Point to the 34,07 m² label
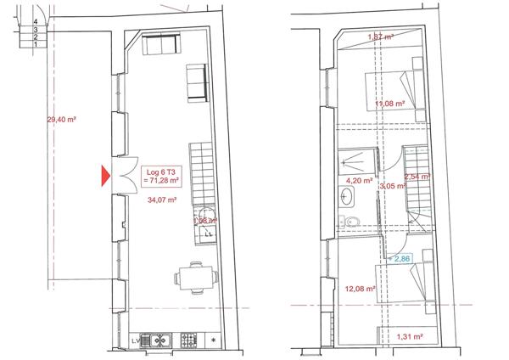(161, 200)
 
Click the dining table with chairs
(194, 278)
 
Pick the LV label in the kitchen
(136, 340)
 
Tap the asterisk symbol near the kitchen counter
(213, 340)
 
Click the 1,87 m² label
(380, 37)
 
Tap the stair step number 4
(35, 21)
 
